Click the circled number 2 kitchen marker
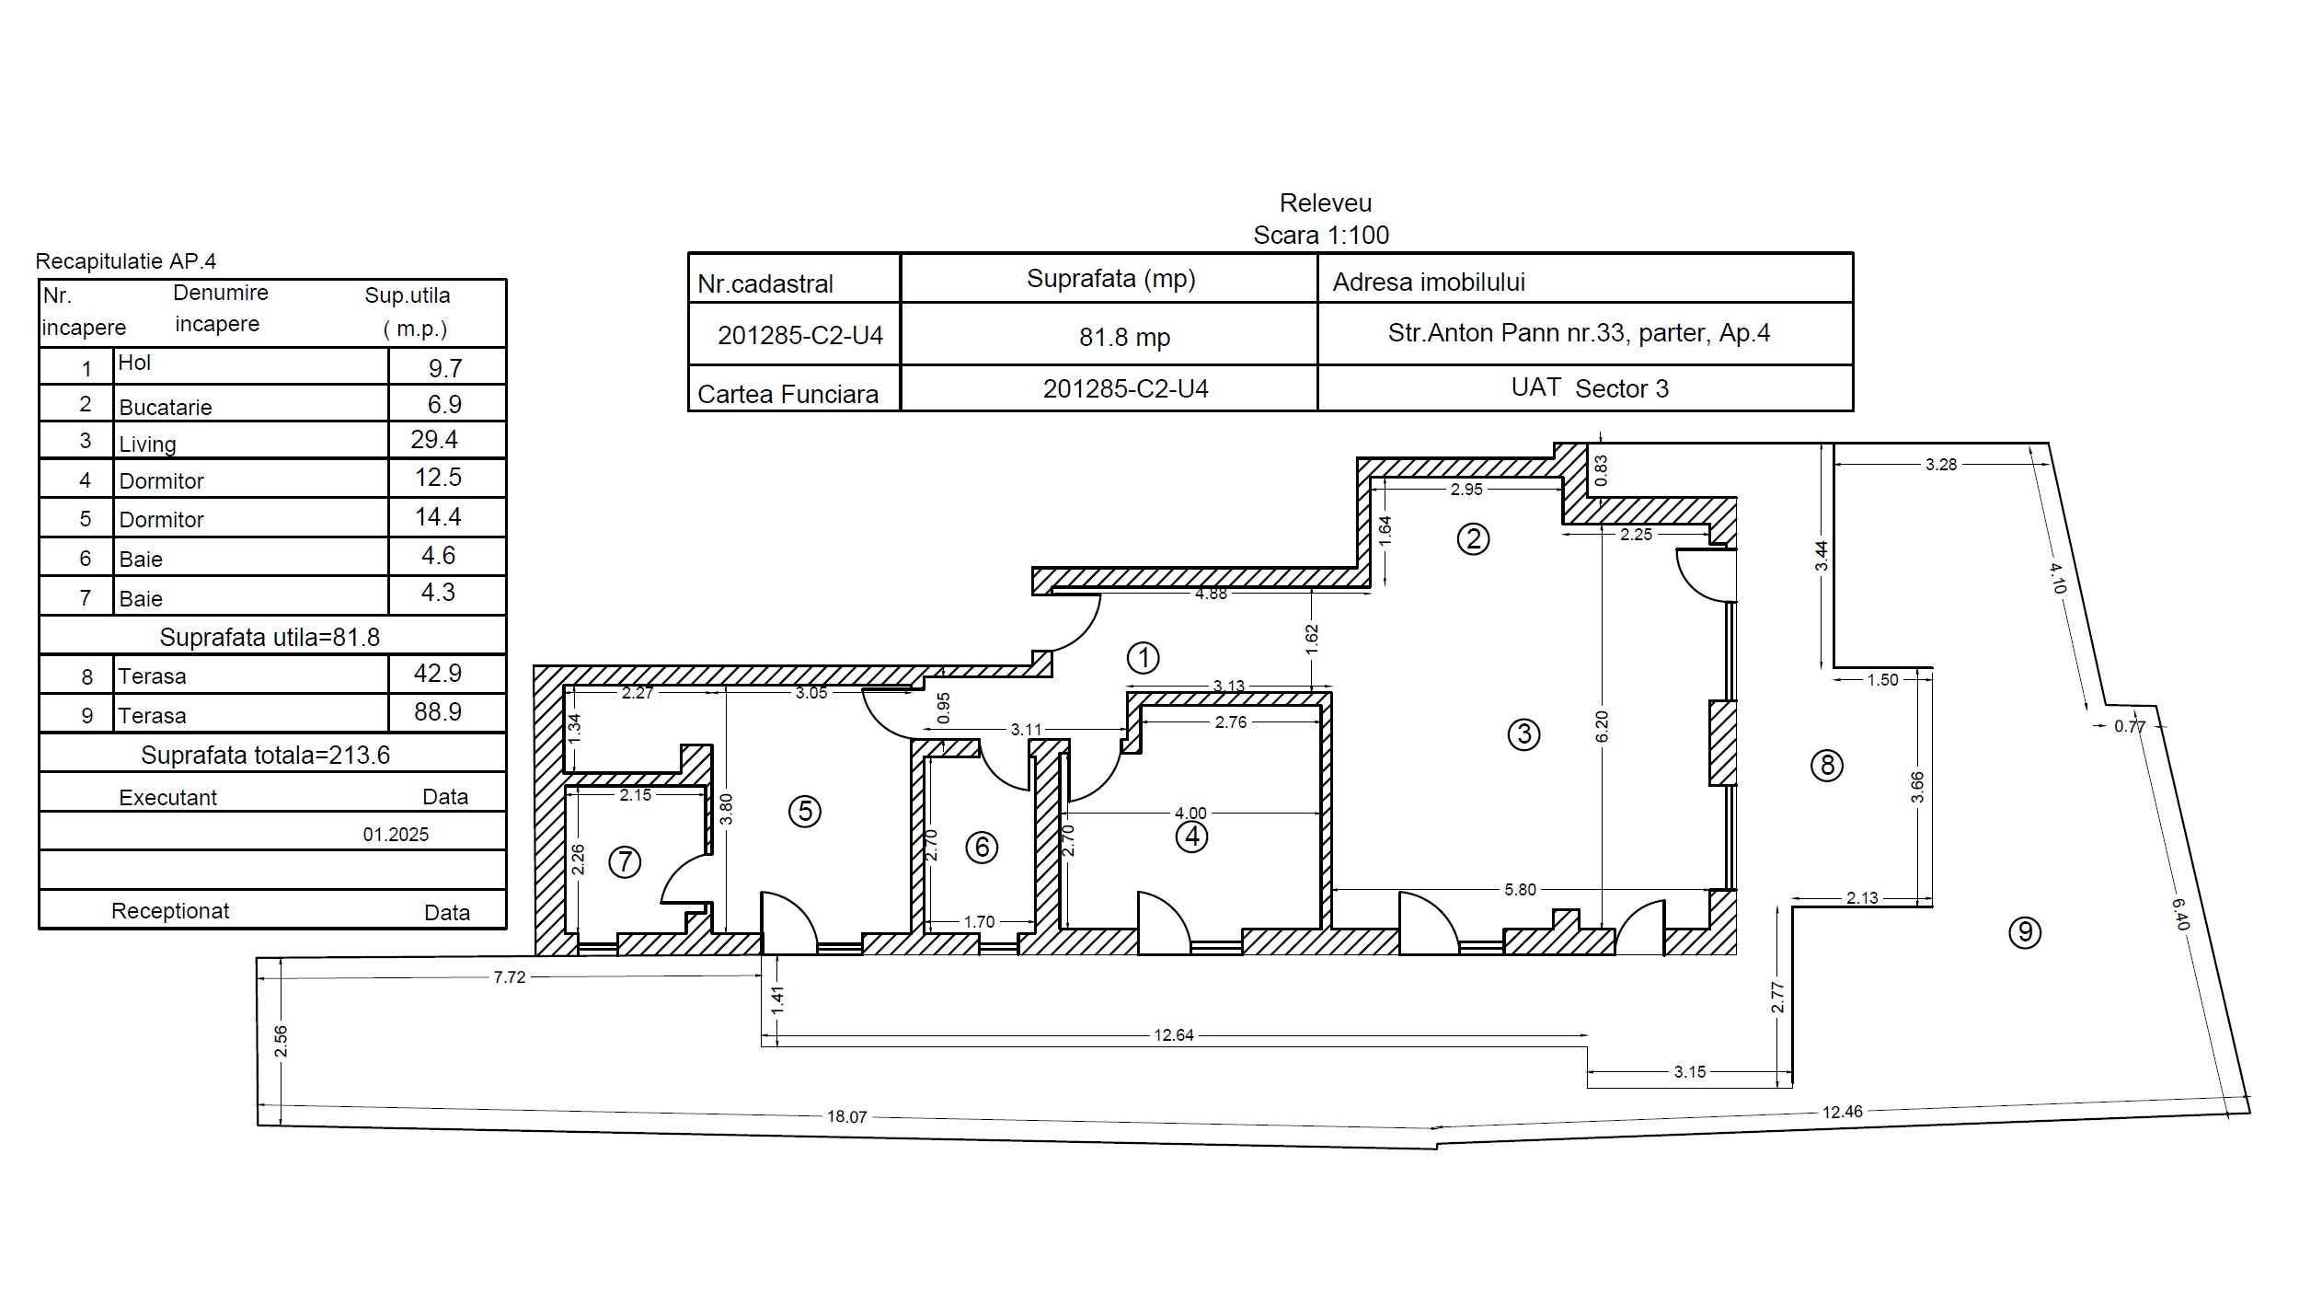pos(1473,538)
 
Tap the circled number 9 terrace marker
pos(2025,932)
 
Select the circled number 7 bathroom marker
pos(625,862)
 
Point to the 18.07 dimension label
pos(846,1116)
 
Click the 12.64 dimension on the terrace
pos(1174,1035)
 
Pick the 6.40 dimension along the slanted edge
pos(2180,914)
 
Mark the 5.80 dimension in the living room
pos(1520,890)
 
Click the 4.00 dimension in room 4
pos(1190,814)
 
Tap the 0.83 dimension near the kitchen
pos(1602,470)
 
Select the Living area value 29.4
pos(434,439)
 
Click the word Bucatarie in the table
pos(166,407)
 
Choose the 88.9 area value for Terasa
pos(438,711)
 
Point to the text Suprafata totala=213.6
pos(266,756)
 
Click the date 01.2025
pos(396,835)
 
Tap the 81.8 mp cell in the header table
pos(1124,337)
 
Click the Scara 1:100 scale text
pos(1321,235)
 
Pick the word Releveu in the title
pos(1326,202)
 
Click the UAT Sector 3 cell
pos(1590,387)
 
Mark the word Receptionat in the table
pos(170,911)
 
